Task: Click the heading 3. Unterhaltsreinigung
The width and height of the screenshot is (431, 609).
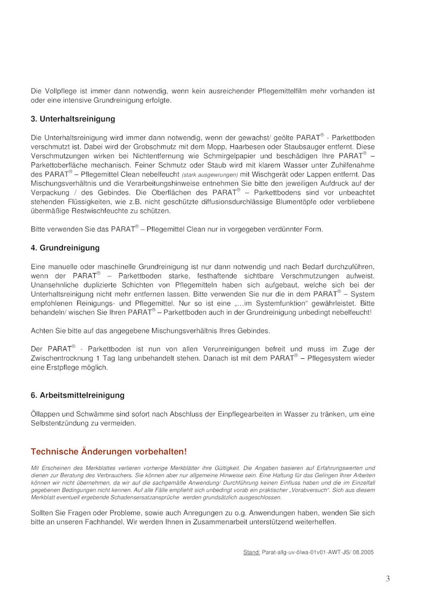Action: point(73,119)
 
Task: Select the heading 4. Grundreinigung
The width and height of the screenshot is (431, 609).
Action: point(65,248)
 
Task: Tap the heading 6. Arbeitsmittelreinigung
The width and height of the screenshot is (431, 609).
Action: point(78,395)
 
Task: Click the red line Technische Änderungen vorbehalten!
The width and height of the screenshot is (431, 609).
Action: point(109,451)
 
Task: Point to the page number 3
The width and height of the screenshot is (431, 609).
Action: point(388,579)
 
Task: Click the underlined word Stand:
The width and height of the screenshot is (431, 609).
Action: point(252,552)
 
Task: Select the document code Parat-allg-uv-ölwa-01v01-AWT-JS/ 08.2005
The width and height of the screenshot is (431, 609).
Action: point(318,552)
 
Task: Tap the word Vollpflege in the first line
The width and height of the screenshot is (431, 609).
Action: point(59,91)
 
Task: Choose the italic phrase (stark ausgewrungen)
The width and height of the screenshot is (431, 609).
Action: point(210,175)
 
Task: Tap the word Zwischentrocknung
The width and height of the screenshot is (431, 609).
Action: point(65,358)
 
